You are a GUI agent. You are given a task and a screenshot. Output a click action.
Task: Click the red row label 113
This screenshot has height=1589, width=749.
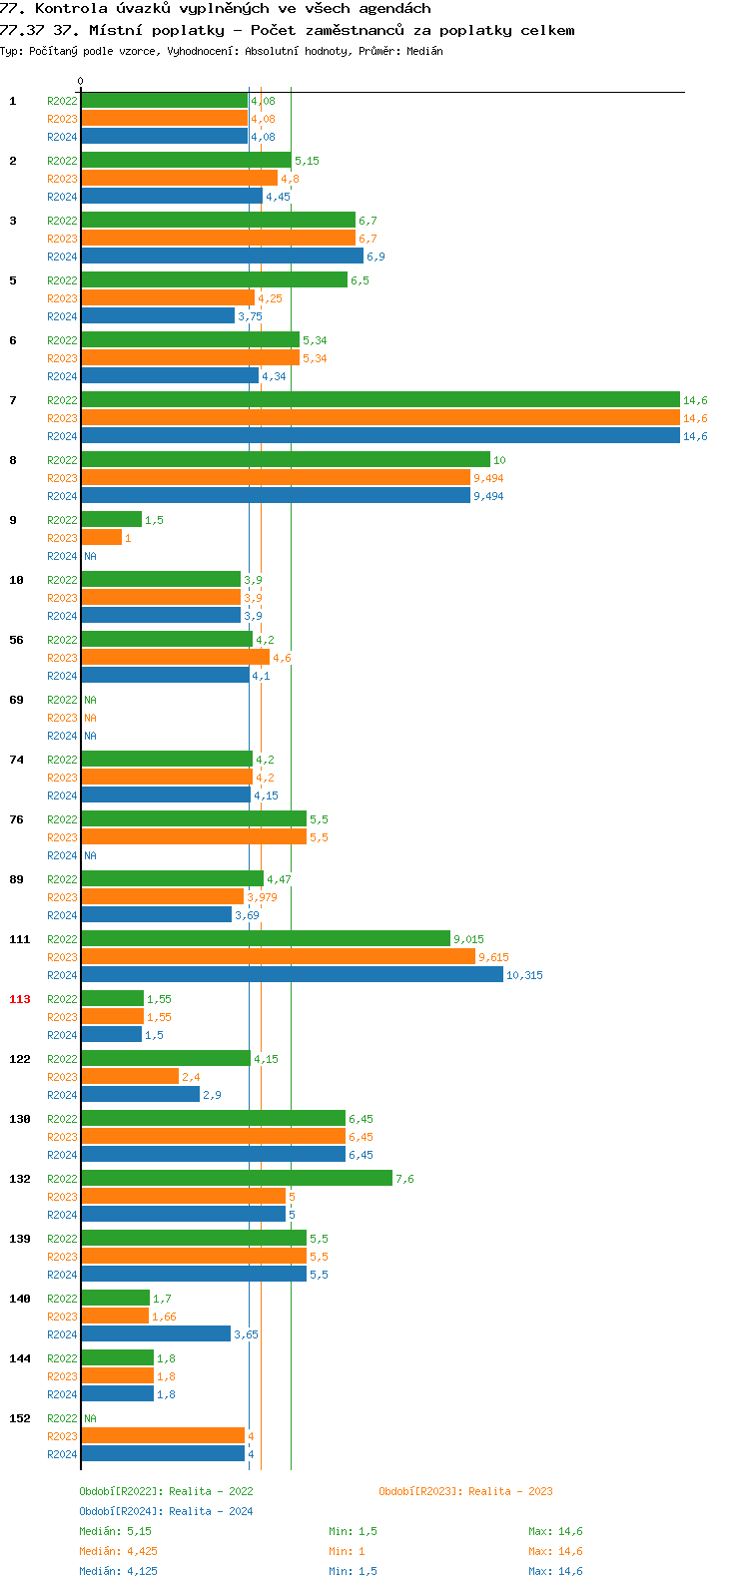(x=20, y=999)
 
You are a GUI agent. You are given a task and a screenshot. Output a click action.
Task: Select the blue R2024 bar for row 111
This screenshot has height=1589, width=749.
(x=292, y=975)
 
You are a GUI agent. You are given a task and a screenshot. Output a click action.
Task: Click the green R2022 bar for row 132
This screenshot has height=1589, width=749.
(x=237, y=1179)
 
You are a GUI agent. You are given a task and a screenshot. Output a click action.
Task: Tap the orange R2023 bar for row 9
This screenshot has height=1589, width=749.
(x=101, y=538)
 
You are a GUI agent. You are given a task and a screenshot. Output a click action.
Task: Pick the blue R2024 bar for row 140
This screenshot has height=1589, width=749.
(x=156, y=1334)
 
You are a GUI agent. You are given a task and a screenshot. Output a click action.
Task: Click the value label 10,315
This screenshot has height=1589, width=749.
(x=524, y=975)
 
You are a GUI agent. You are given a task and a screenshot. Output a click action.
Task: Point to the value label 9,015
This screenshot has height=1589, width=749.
(x=468, y=939)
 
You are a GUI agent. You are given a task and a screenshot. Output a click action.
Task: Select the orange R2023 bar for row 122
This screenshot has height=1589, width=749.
(x=130, y=1077)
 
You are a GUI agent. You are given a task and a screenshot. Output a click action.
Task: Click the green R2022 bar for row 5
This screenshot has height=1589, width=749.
(x=214, y=280)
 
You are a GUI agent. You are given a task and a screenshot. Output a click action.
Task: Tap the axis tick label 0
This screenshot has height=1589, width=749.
(x=81, y=81)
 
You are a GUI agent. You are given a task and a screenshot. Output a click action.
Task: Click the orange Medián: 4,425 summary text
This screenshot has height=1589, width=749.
(x=118, y=1551)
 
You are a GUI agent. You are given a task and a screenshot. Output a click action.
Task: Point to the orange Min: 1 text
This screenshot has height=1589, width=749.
(x=346, y=1551)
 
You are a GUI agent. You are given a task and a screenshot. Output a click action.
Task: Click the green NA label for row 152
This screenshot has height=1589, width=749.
(x=90, y=1418)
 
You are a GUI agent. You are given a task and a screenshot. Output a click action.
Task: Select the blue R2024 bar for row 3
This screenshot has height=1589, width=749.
(x=222, y=257)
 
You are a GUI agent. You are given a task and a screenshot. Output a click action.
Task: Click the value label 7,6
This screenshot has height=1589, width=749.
(x=404, y=1179)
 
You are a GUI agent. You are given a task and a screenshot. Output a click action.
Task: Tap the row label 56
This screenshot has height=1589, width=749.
(x=17, y=640)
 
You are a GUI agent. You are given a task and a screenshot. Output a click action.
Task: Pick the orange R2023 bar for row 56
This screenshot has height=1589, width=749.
(x=175, y=658)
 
